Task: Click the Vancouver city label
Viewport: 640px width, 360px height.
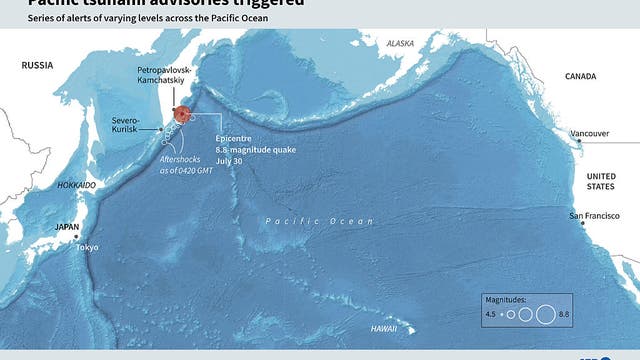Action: (x=589, y=133)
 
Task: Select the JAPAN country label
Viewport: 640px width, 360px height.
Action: (x=66, y=227)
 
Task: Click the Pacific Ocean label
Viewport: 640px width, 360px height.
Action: (x=320, y=221)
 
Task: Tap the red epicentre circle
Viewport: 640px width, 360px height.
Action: (x=181, y=114)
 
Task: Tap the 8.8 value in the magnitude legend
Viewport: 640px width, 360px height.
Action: (x=564, y=315)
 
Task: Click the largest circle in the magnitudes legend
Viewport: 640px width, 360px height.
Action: (x=545, y=314)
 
